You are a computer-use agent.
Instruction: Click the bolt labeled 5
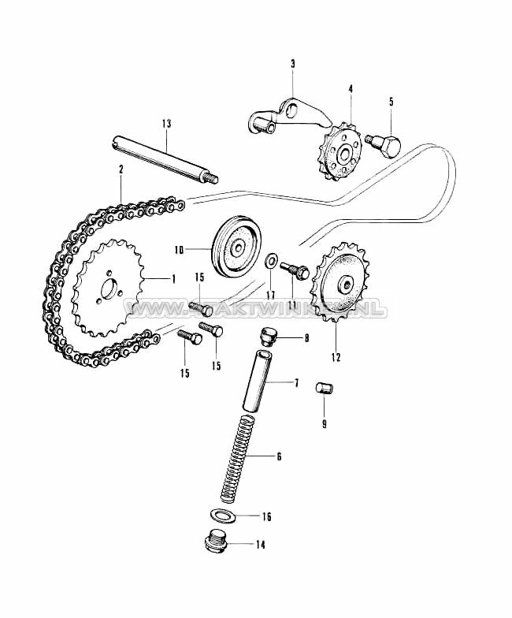(x=386, y=145)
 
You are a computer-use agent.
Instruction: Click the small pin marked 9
(x=323, y=389)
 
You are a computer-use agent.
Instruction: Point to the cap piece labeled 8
(x=269, y=338)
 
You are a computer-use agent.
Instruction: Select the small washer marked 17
(x=271, y=259)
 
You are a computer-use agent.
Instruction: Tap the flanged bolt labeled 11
(x=294, y=270)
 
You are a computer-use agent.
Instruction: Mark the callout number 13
(x=166, y=124)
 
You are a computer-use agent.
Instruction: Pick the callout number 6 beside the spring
(x=277, y=456)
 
